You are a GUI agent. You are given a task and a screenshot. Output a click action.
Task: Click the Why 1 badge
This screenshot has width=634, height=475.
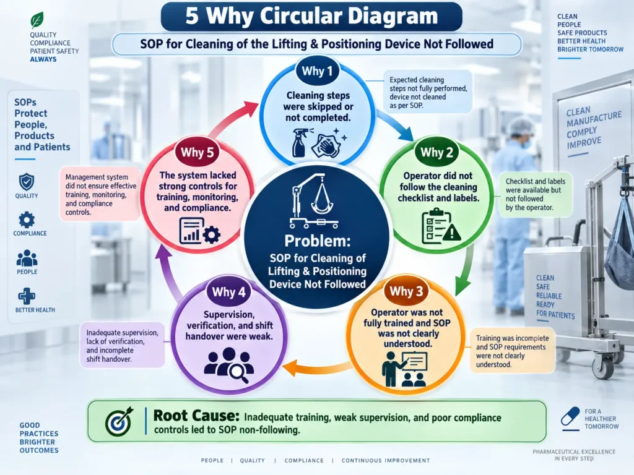click(316, 71)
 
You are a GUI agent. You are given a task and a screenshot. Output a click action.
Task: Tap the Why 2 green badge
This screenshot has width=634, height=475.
click(436, 153)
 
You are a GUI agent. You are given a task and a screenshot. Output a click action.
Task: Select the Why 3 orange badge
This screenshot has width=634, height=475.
click(406, 291)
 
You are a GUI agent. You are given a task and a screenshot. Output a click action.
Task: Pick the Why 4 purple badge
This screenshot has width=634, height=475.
click(228, 292)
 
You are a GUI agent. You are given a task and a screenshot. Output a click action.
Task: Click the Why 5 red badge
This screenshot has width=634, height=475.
click(197, 152)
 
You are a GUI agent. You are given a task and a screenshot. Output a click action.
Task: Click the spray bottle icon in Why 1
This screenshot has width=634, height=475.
click(300, 142)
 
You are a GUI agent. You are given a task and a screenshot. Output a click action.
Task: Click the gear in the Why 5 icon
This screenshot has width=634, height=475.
click(212, 234)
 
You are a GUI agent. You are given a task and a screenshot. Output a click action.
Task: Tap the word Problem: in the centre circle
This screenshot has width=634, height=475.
click(318, 241)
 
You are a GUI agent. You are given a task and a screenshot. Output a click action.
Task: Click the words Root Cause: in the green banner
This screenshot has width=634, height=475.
click(196, 416)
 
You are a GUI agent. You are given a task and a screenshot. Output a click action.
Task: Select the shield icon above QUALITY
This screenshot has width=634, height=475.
click(27, 182)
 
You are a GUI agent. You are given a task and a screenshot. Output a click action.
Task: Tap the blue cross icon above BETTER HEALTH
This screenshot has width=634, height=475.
click(27, 296)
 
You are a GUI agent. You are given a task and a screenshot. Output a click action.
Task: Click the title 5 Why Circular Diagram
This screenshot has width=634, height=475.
click(312, 16)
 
